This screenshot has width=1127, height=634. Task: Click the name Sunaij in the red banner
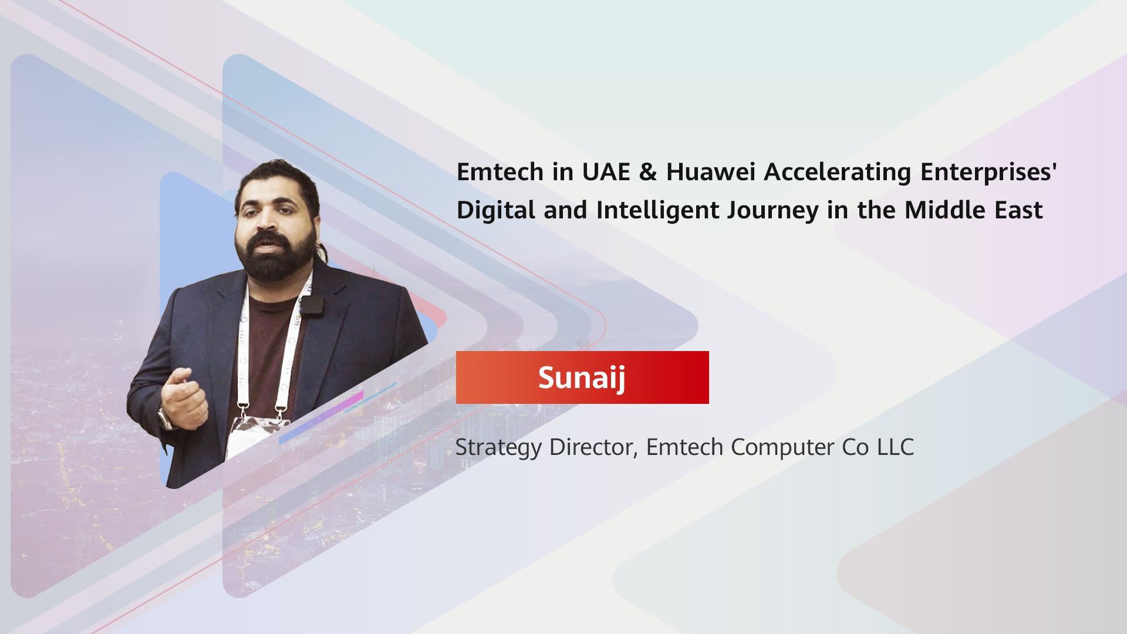pyautogui.click(x=582, y=377)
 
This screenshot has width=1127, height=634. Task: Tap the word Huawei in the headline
pyautogui.click(x=710, y=172)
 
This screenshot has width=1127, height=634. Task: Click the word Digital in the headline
pyautogui.click(x=495, y=211)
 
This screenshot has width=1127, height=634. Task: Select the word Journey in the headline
pyautogui.click(x=772, y=211)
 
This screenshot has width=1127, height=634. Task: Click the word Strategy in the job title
pyautogui.click(x=498, y=448)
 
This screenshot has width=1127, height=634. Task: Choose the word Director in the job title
pyautogui.click(x=594, y=447)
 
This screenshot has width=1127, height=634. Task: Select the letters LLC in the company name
pyautogui.click(x=896, y=447)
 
